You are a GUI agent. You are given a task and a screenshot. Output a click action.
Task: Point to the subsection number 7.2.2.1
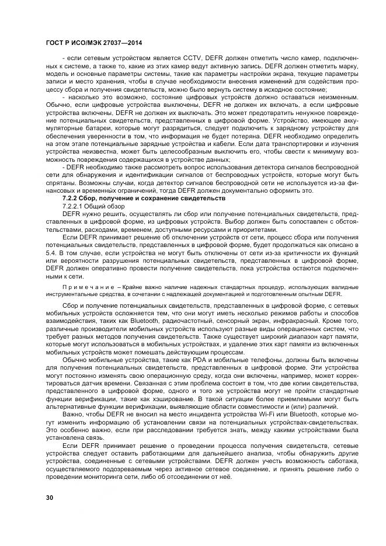point(73,207)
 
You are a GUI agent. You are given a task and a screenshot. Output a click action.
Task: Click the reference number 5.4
point(51,253)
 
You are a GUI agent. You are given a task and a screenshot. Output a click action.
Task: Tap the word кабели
point(221,149)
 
